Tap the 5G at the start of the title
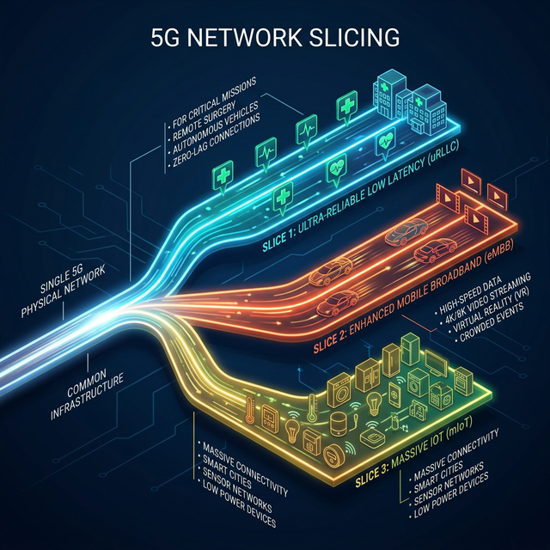point(164,38)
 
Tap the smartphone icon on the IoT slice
point(394,394)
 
